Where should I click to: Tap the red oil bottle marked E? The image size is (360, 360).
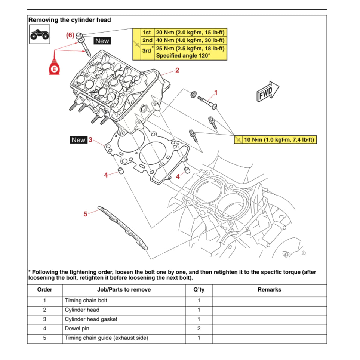(55, 67)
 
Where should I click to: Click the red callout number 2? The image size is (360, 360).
(177, 70)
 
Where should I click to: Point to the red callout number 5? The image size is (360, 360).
(85, 214)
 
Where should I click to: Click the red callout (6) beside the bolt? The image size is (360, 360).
(70, 35)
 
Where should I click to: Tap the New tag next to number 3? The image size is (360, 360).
(79, 140)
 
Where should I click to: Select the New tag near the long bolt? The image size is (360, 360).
(102, 41)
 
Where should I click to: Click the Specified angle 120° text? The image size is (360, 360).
(183, 56)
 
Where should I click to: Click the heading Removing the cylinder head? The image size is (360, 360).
(70, 20)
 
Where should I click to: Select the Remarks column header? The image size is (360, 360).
(269, 290)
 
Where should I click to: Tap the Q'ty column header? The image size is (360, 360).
(199, 290)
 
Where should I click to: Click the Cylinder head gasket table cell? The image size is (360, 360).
(91, 319)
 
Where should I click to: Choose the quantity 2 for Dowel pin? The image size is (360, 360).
(199, 329)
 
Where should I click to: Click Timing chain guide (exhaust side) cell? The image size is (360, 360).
(106, 338)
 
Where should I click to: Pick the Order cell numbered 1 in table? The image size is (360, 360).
(44, 300)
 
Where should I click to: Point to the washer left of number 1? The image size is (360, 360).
(194, 94)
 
